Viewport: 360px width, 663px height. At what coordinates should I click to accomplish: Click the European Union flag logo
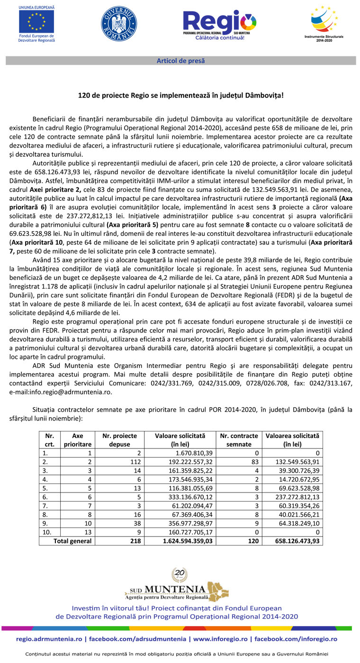coord(36,22)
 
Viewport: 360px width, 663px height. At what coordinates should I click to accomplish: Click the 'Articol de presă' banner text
coord(180,61)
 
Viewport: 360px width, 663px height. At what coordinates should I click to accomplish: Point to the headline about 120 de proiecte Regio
coord(180,95)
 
